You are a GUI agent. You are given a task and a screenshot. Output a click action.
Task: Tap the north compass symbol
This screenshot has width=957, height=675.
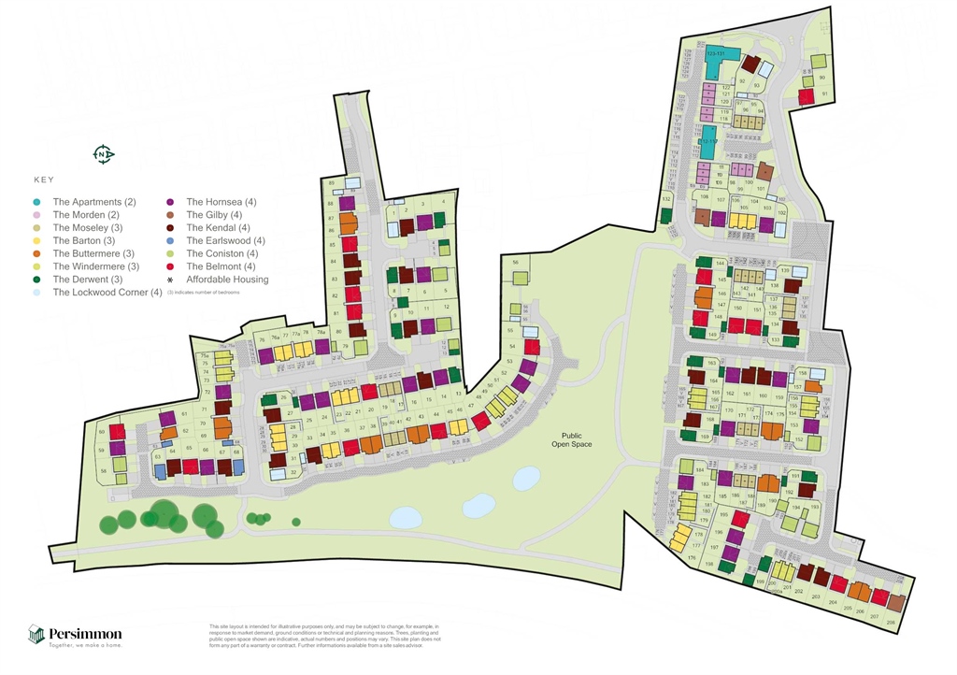104,154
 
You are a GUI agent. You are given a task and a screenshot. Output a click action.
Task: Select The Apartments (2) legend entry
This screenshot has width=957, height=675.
93,202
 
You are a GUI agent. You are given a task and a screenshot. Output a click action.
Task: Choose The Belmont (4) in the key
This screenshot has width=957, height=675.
221,266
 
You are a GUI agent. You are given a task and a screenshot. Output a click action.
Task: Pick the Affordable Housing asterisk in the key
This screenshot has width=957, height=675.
170,280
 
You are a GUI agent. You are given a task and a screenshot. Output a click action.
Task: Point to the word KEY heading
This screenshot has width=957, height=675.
44,180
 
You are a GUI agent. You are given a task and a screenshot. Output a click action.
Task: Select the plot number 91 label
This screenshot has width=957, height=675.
824,93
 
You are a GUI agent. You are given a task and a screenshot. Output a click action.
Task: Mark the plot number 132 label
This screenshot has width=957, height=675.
666,199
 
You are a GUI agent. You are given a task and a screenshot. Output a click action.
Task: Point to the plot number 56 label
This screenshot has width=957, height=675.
516,264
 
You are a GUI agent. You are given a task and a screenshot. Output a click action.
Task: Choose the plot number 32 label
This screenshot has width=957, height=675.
293,472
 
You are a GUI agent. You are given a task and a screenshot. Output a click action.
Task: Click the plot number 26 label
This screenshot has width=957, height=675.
282,398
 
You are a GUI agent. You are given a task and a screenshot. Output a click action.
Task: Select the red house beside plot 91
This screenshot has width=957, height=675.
805,96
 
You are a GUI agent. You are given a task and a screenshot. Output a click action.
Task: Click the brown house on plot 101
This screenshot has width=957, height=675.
765,172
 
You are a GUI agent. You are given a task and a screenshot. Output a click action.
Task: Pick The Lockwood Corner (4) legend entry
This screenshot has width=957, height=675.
107,293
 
